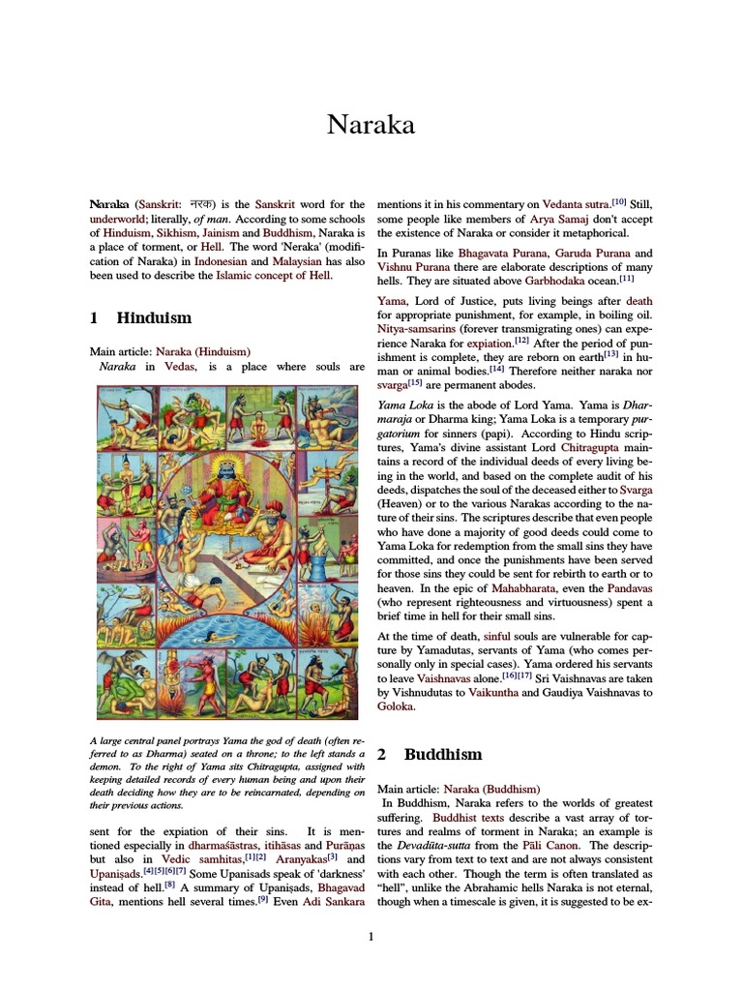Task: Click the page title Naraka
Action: [x=371, y=125]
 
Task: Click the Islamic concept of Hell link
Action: [x=273, y=276]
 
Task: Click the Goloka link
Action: [x=395, y=707]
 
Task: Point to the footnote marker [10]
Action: [x=620, y=202]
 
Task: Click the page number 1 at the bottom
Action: [x=371, y=936]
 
